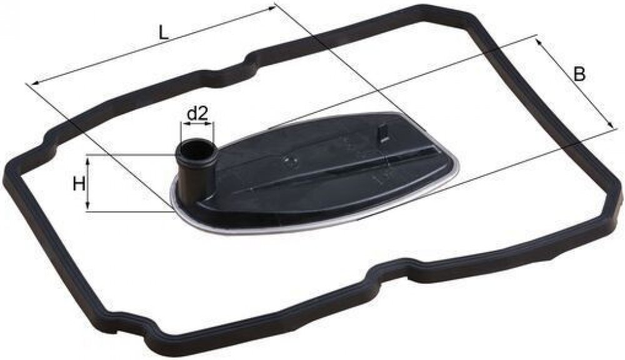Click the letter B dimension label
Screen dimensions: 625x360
pyautogui.click(x=579, y=74)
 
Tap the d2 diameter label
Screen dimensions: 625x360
pyautogui.click(x=197, y=114)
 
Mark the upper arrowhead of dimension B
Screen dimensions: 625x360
pyautogui.click(x=540, y=42)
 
